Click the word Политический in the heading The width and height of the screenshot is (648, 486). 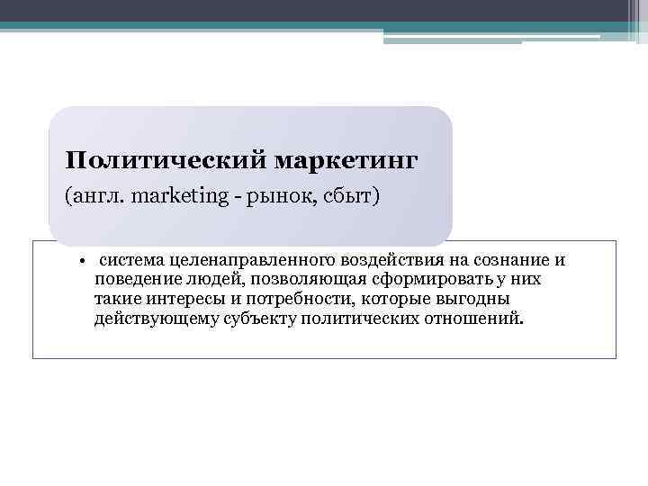[x=164, y=161]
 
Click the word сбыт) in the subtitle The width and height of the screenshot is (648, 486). [x=351, y=195]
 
